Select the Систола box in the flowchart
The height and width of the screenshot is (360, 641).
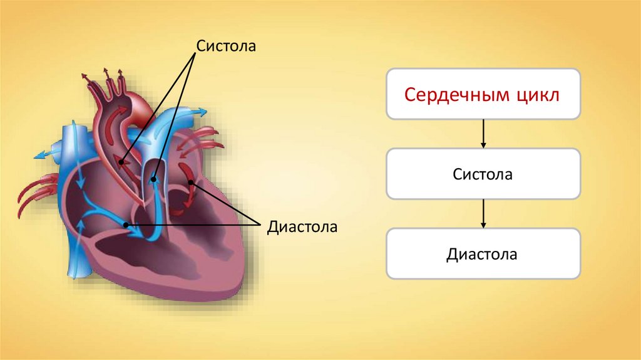point(483,174)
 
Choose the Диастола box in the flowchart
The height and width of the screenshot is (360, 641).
point(483,254)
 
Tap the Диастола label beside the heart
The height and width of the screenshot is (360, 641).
point(302,226)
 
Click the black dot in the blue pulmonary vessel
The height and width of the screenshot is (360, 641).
point(153,179)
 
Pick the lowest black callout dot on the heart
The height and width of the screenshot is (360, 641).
point(127,225)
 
